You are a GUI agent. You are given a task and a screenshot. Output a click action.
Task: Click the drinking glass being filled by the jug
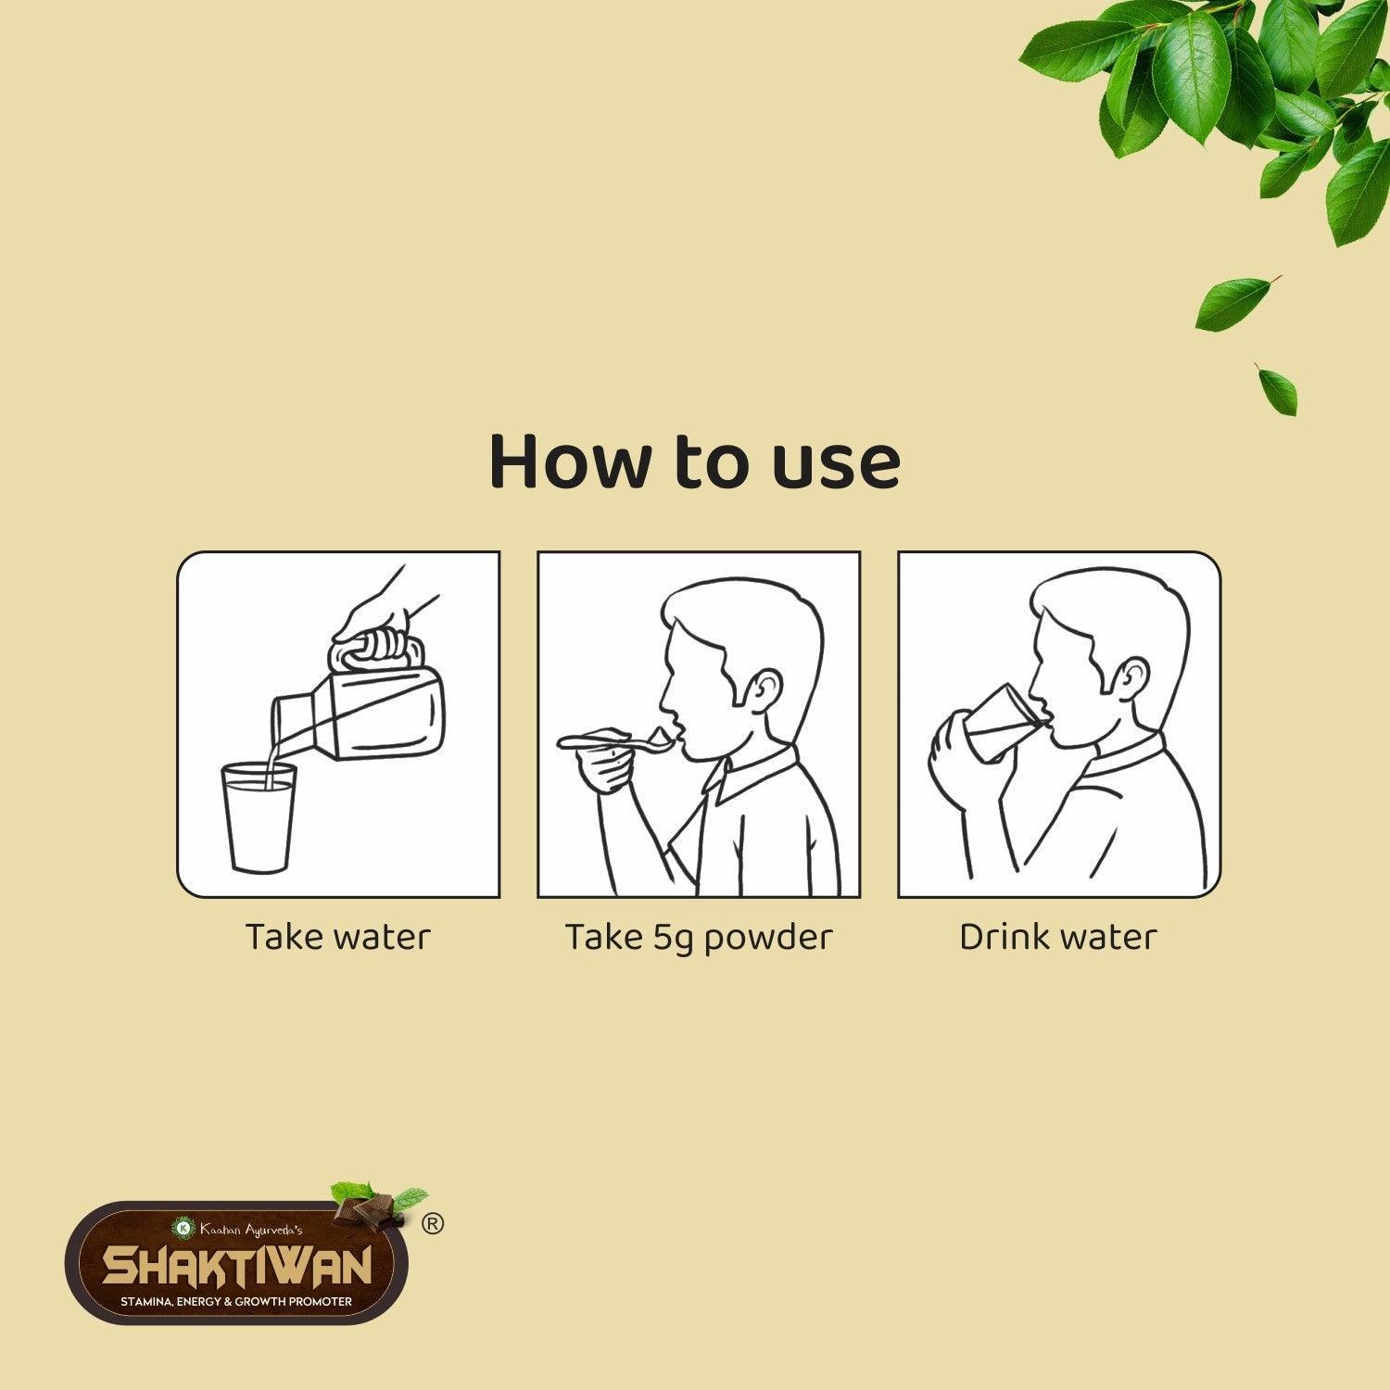259,818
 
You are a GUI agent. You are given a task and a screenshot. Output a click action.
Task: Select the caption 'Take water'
338,937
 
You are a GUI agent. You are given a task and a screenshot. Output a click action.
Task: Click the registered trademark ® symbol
433,1224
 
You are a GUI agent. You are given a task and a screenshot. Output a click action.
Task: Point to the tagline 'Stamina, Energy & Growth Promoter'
236,1302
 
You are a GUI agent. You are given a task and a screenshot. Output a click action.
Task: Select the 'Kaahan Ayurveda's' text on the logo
246,1229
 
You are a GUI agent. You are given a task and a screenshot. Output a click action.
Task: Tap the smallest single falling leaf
1278,389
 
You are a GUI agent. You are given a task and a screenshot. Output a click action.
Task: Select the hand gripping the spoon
602,769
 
